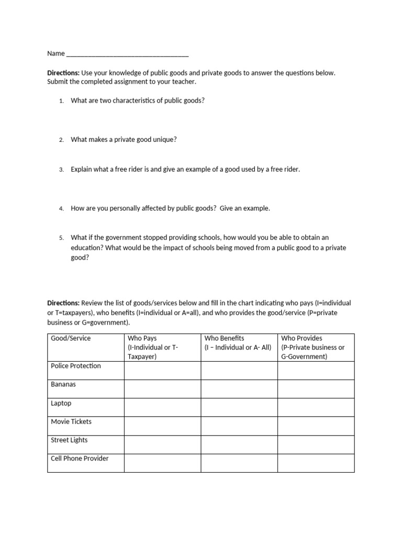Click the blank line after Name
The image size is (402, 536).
(x=128, y=54)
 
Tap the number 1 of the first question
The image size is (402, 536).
(x=61, y=100)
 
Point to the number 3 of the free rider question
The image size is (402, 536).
(x=61, y=170)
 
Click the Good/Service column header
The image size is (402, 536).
(x=71, y=339)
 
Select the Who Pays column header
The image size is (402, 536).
(x=142, y=339)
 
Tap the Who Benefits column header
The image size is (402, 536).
(x=224, y=339)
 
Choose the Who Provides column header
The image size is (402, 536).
(x=301, y=339)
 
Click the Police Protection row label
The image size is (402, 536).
(x=76, y=366)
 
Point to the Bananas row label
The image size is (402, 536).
(x=63, y=384)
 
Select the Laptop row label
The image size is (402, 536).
(x=61, y=404)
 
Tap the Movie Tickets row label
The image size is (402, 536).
(x=71, y=421)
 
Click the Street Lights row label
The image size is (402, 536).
(x=69, y=440)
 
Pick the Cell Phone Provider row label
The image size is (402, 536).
(x=80, y=459)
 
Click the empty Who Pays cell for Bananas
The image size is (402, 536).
(x=162, y=389)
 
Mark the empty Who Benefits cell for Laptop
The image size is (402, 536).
(x=239, y=407)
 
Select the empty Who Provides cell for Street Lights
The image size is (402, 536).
(x=316, y=444)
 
